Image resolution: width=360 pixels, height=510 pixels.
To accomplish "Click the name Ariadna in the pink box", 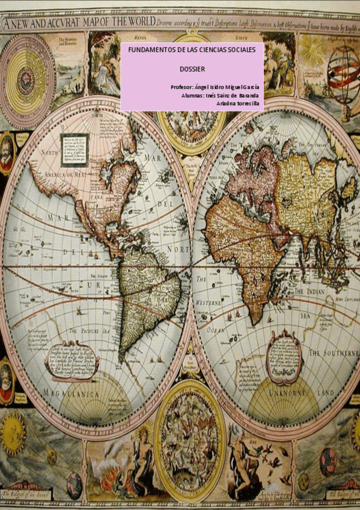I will [225, 103].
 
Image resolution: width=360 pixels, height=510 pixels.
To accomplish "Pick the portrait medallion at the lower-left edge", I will [7, 380].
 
